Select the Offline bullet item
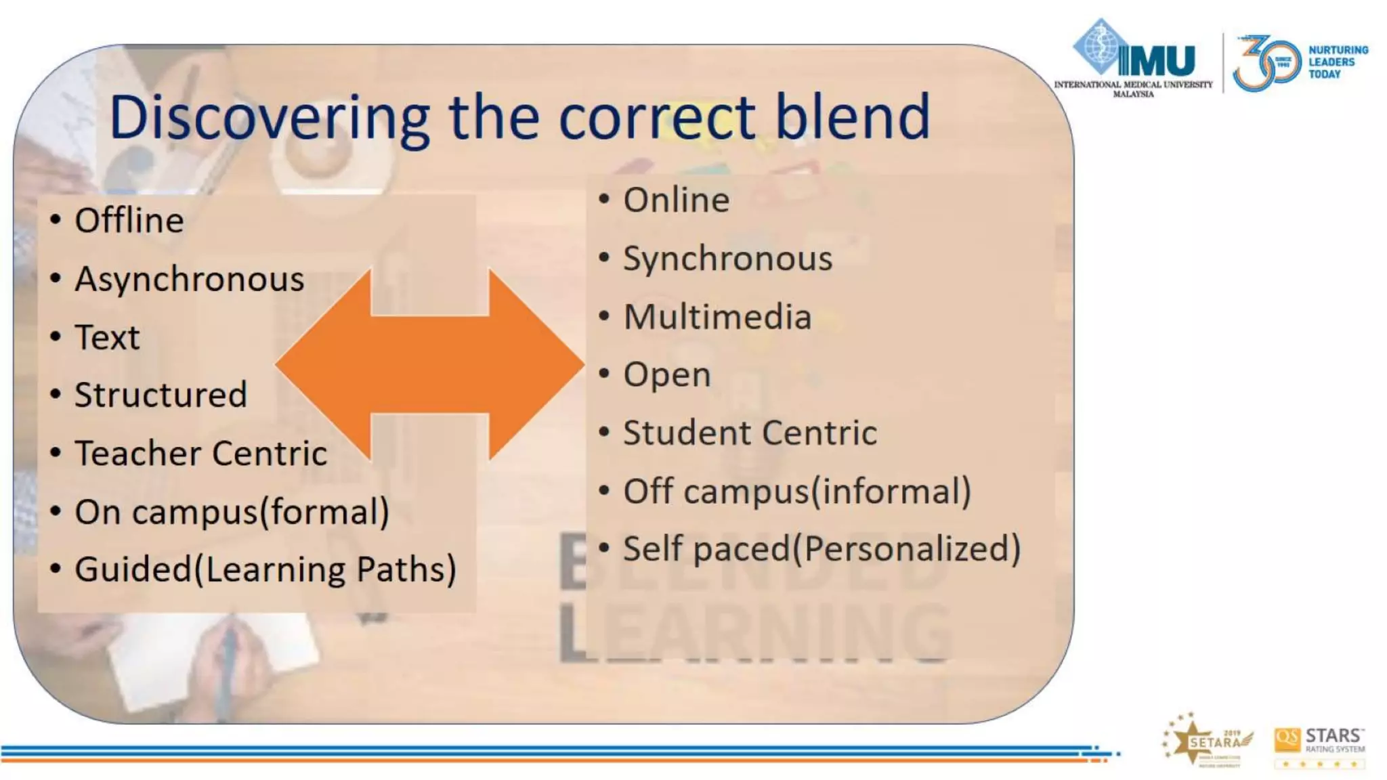click(x=129, y=221)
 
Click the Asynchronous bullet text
click(x=190, y=280)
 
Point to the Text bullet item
click(x=107, y=337)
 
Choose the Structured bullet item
click(x=161, y=395)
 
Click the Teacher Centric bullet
click(x=200, y=453)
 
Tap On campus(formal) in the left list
click(x=232, y=512)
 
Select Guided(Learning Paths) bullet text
click(x=265, y=569)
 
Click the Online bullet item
click(x=676, y=200)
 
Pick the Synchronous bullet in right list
click(x=727, y=259)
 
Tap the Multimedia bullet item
click(x=717, y=317)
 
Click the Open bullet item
click(x=667, y=374)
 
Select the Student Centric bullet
click(x=750, y=433)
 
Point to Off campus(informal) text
click(x=797, y=492)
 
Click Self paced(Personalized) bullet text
click(x=821, y=548)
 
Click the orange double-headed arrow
click(x=429, y=364)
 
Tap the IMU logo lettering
click(x=1157, y=61)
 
